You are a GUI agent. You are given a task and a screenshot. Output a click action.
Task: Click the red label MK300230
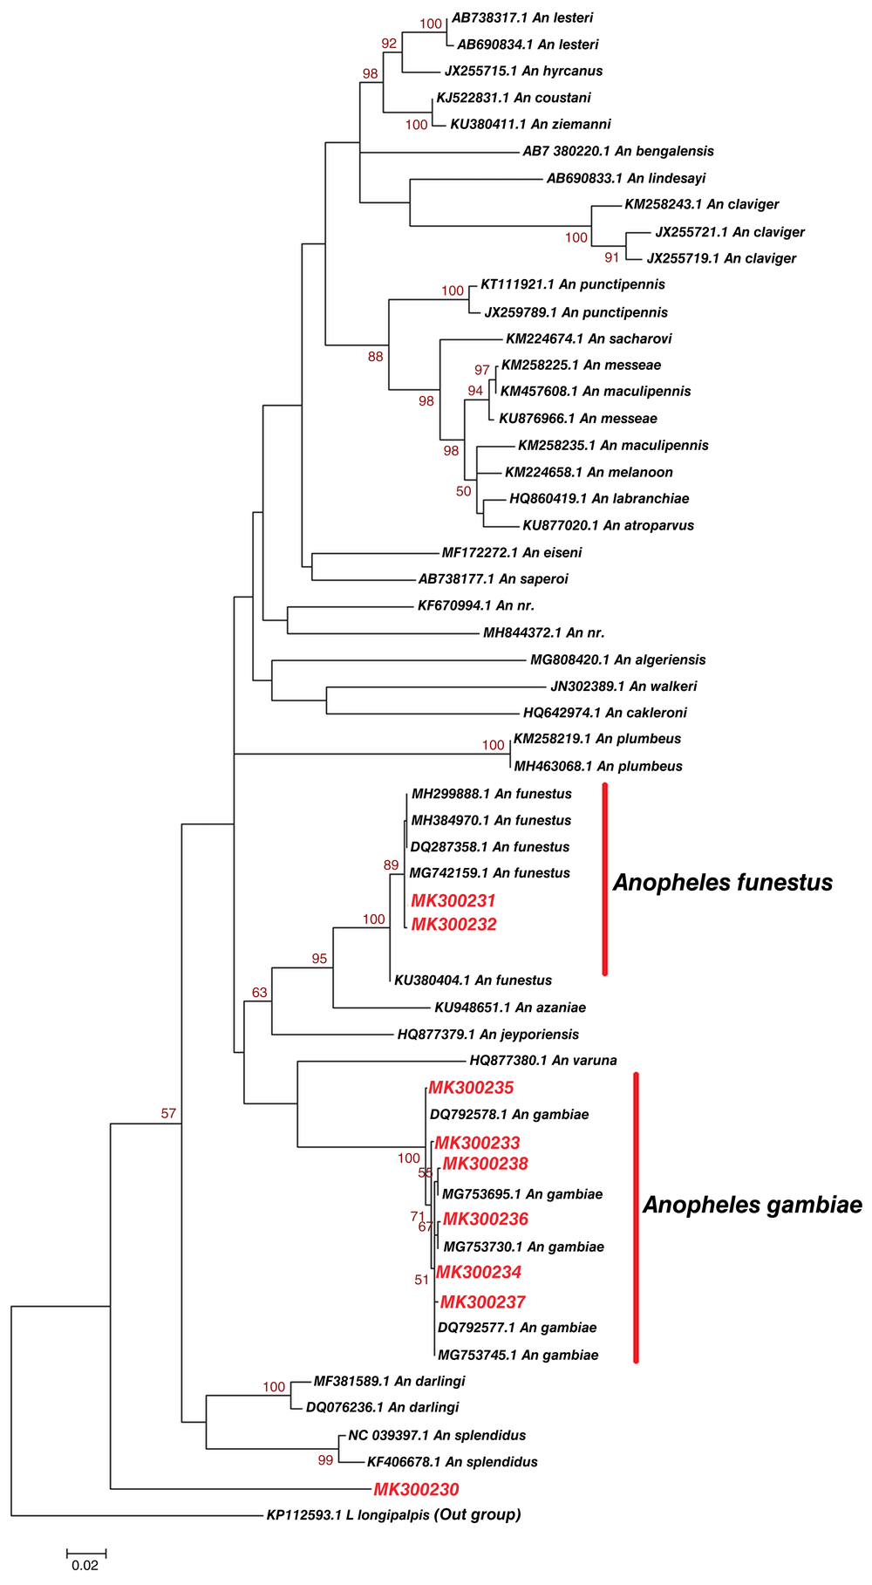point(416,1490)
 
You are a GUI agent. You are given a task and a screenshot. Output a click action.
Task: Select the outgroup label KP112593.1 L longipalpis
point(348,1515)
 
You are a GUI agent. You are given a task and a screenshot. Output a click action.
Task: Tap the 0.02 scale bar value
point(85,1566)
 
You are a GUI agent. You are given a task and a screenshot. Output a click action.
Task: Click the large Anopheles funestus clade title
point(722,883)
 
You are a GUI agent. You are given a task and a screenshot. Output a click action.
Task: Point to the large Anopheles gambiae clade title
point(752,1206)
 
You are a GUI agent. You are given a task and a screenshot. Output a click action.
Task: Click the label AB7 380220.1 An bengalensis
point(617,151)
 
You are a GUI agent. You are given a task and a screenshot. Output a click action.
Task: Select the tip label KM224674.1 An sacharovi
point(589,338)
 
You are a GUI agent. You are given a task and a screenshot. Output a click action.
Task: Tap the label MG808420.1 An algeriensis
point(617,659)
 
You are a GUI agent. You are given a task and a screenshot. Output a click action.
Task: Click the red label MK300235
point(471,1088)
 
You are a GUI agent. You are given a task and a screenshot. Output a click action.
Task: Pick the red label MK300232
point(453,925)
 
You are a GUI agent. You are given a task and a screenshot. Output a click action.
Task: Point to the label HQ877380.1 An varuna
point(542,1061)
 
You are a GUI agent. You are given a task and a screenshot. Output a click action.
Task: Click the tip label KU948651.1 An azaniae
point(510,1008)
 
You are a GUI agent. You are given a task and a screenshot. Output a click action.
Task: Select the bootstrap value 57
point(168,1113)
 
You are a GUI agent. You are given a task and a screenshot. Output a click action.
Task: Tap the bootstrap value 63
point(260,993)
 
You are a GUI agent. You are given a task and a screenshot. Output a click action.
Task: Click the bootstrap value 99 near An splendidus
point(325,1460)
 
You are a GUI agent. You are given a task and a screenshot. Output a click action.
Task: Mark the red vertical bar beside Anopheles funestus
point(604,879)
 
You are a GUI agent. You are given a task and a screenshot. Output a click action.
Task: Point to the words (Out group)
point(478,1514)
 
